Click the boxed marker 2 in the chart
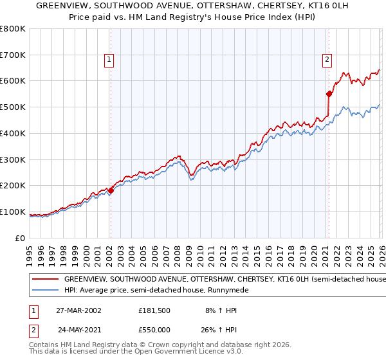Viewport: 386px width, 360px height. click(x=327, y=60)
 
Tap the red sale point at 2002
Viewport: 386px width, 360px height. click(x=111, y=190)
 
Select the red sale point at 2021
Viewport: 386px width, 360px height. click(x=329, y=94)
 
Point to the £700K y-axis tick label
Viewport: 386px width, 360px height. click(x=13, y=55)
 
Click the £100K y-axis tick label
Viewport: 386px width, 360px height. click(x=13, y=212)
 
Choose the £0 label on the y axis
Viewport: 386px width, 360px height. click(x=21, y=238)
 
